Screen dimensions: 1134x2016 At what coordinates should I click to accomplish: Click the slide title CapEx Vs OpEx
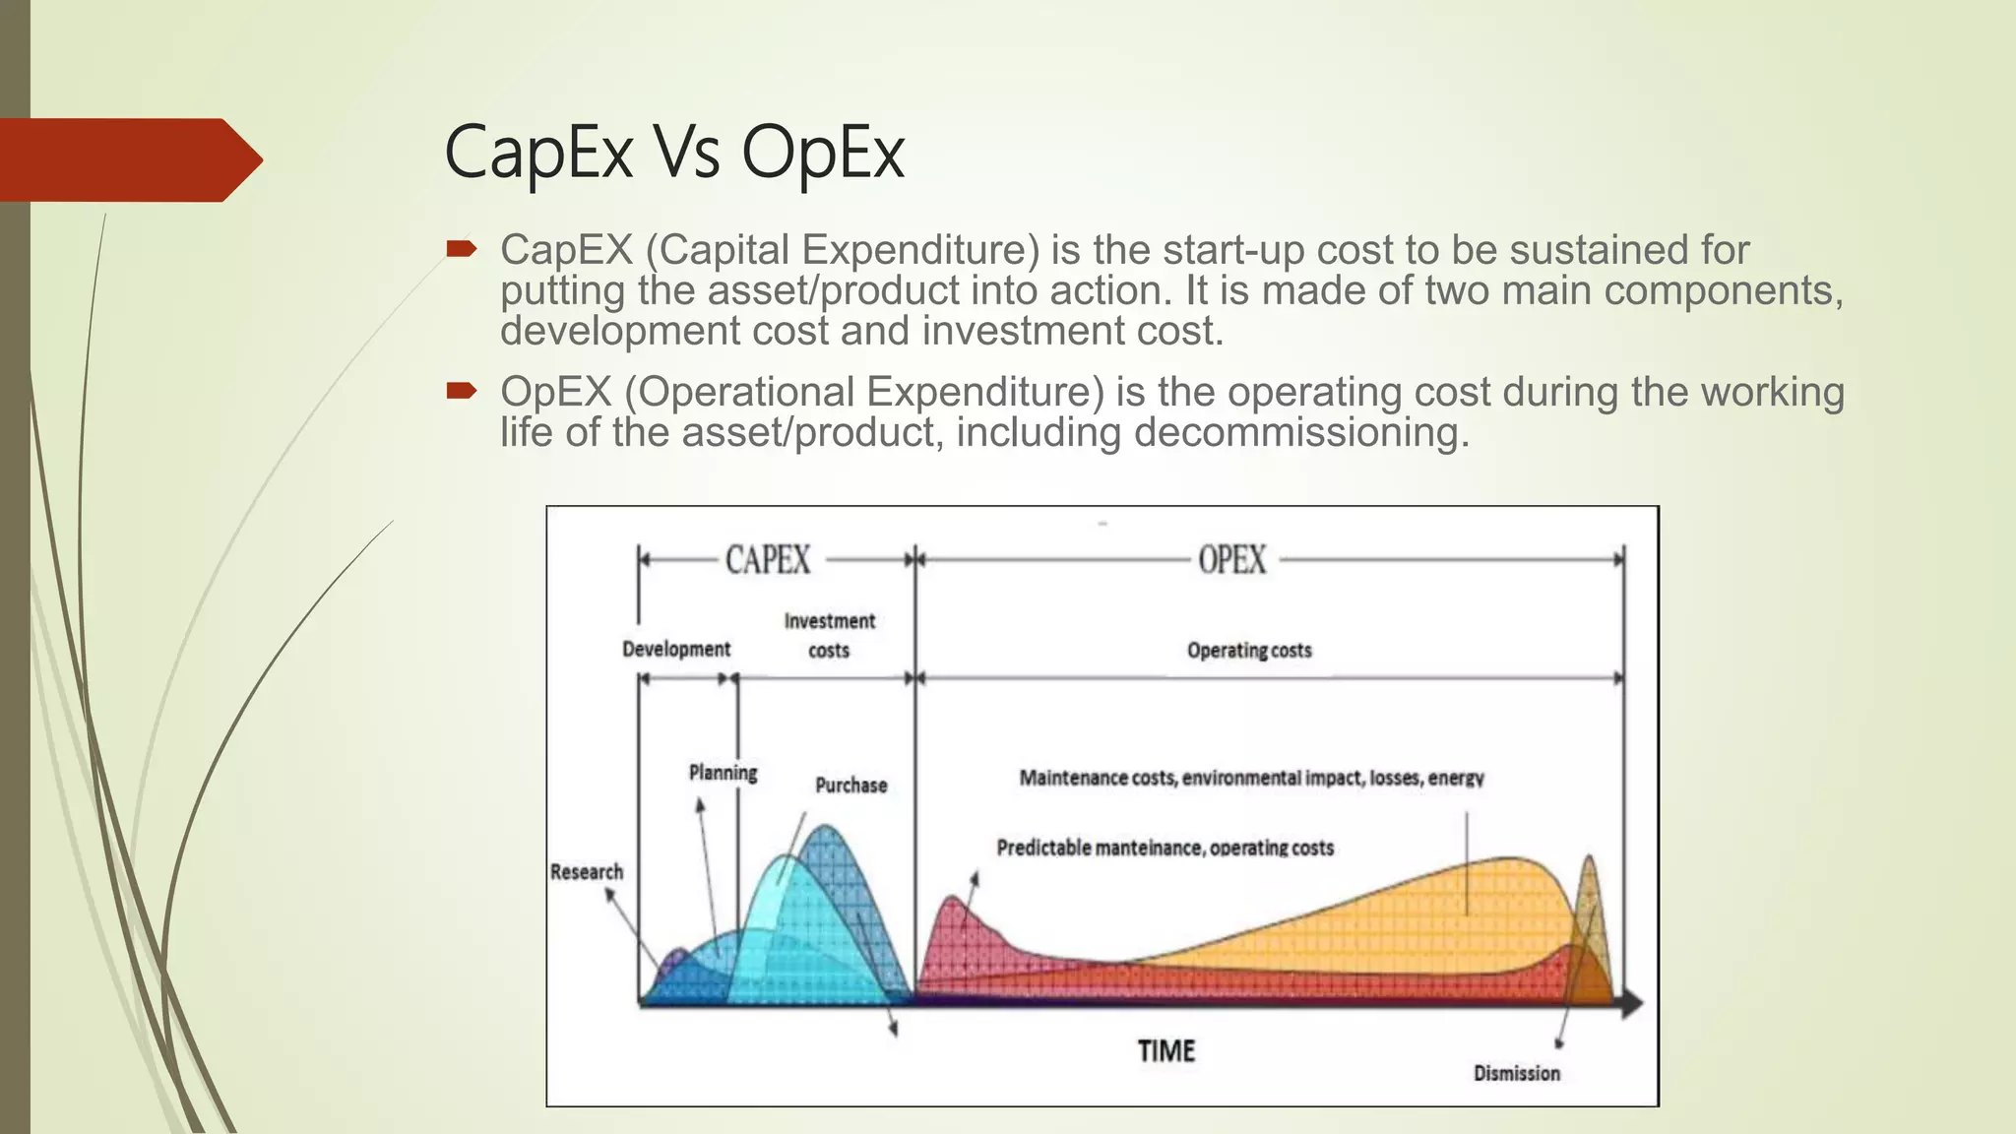674,153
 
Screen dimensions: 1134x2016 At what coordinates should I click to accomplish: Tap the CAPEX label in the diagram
768,560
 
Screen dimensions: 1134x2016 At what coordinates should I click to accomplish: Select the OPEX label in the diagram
1231,560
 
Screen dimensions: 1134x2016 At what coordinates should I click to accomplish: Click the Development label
676,650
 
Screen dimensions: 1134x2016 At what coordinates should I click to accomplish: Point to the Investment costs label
829,635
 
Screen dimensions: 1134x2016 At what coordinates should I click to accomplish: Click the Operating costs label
1248,651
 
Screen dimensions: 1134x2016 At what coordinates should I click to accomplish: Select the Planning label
723,773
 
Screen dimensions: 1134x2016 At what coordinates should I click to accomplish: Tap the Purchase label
850,786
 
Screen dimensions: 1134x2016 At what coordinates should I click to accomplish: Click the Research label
587,872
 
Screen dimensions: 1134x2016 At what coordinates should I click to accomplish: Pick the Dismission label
1516,1074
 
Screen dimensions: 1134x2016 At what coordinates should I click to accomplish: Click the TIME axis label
1166,1051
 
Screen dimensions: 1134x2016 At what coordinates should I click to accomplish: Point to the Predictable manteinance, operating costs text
1165,849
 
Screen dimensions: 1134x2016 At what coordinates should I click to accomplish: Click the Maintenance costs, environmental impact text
1250,779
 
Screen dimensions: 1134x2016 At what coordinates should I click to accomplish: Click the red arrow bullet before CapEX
461,249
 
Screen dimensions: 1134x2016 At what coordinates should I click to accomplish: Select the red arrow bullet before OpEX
461,392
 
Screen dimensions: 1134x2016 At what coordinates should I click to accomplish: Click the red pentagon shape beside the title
128,160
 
